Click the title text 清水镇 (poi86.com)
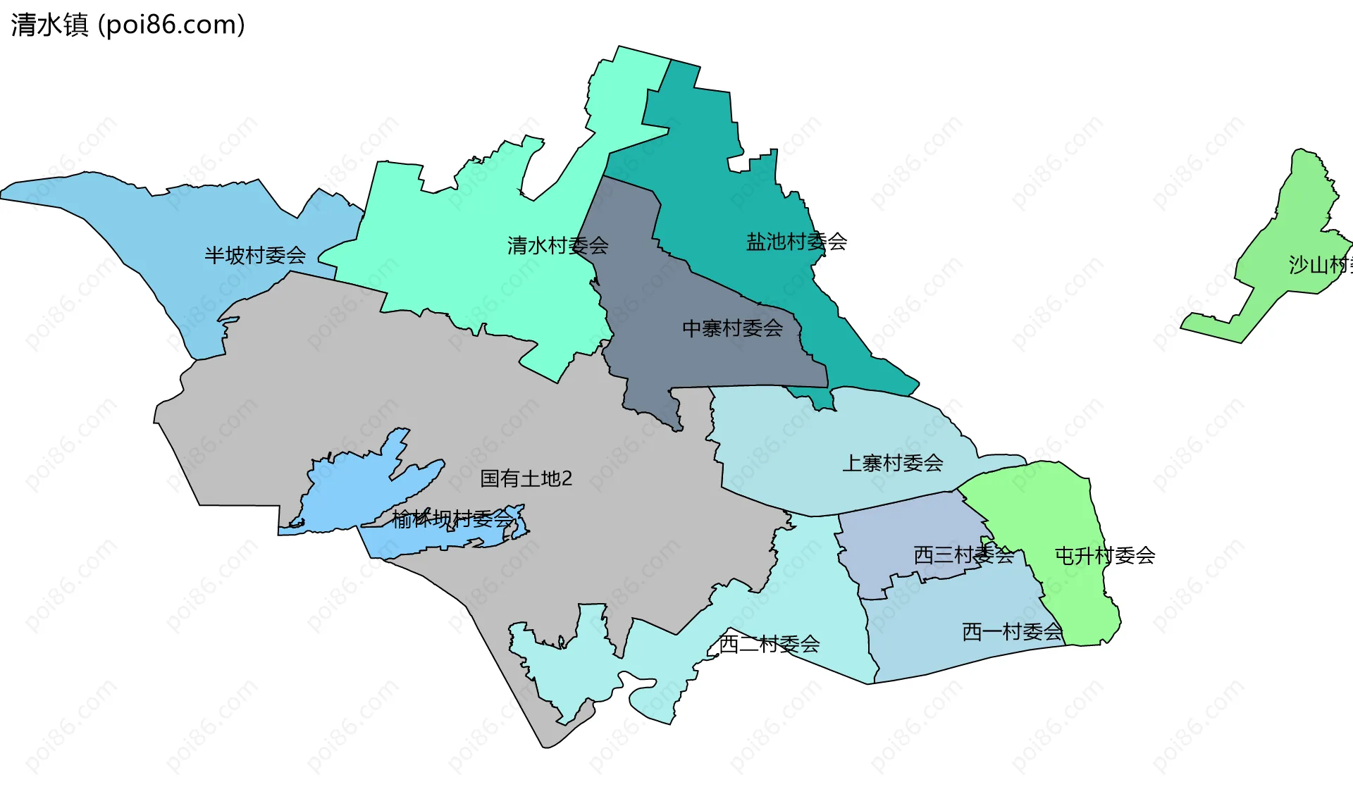(x=128, y=25)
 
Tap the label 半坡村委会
(x=255, y=255)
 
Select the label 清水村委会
(x=557, y=246)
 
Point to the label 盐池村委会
(x=796, y=242)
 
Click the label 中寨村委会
(x=732, y=328)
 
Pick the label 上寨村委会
(x=892, y=463)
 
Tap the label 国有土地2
(x=526, y=478)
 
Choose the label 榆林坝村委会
(x=452, y=519)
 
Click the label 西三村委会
(x=963, y=555)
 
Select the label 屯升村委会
(x=1104, y=556)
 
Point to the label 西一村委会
(x=1012, y=632)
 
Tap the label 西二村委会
(x=769, y=643)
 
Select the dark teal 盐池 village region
(x=705, y=176)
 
